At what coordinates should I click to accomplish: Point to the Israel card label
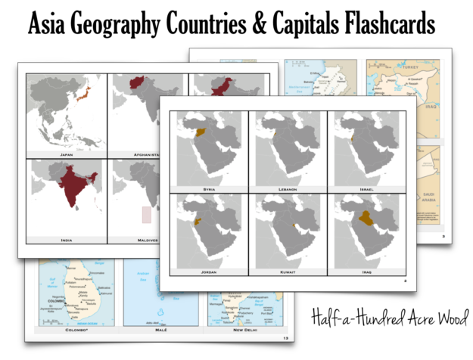366,188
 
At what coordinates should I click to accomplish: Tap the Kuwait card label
287,270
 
